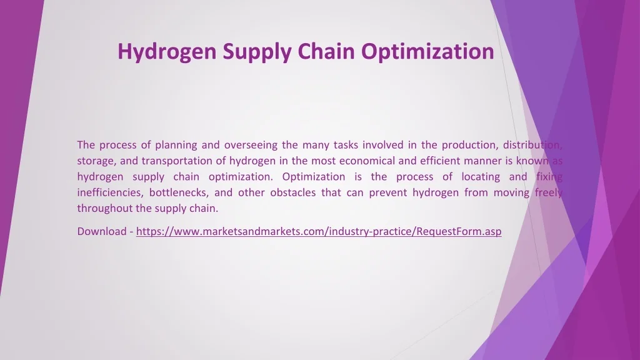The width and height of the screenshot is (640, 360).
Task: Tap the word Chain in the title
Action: (326, 51)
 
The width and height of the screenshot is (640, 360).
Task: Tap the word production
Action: (469, 145)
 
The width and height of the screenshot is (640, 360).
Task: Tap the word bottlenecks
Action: (179, 192)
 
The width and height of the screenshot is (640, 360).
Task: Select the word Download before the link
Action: (102, 231)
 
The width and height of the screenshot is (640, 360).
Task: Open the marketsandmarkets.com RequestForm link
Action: (319, 232)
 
